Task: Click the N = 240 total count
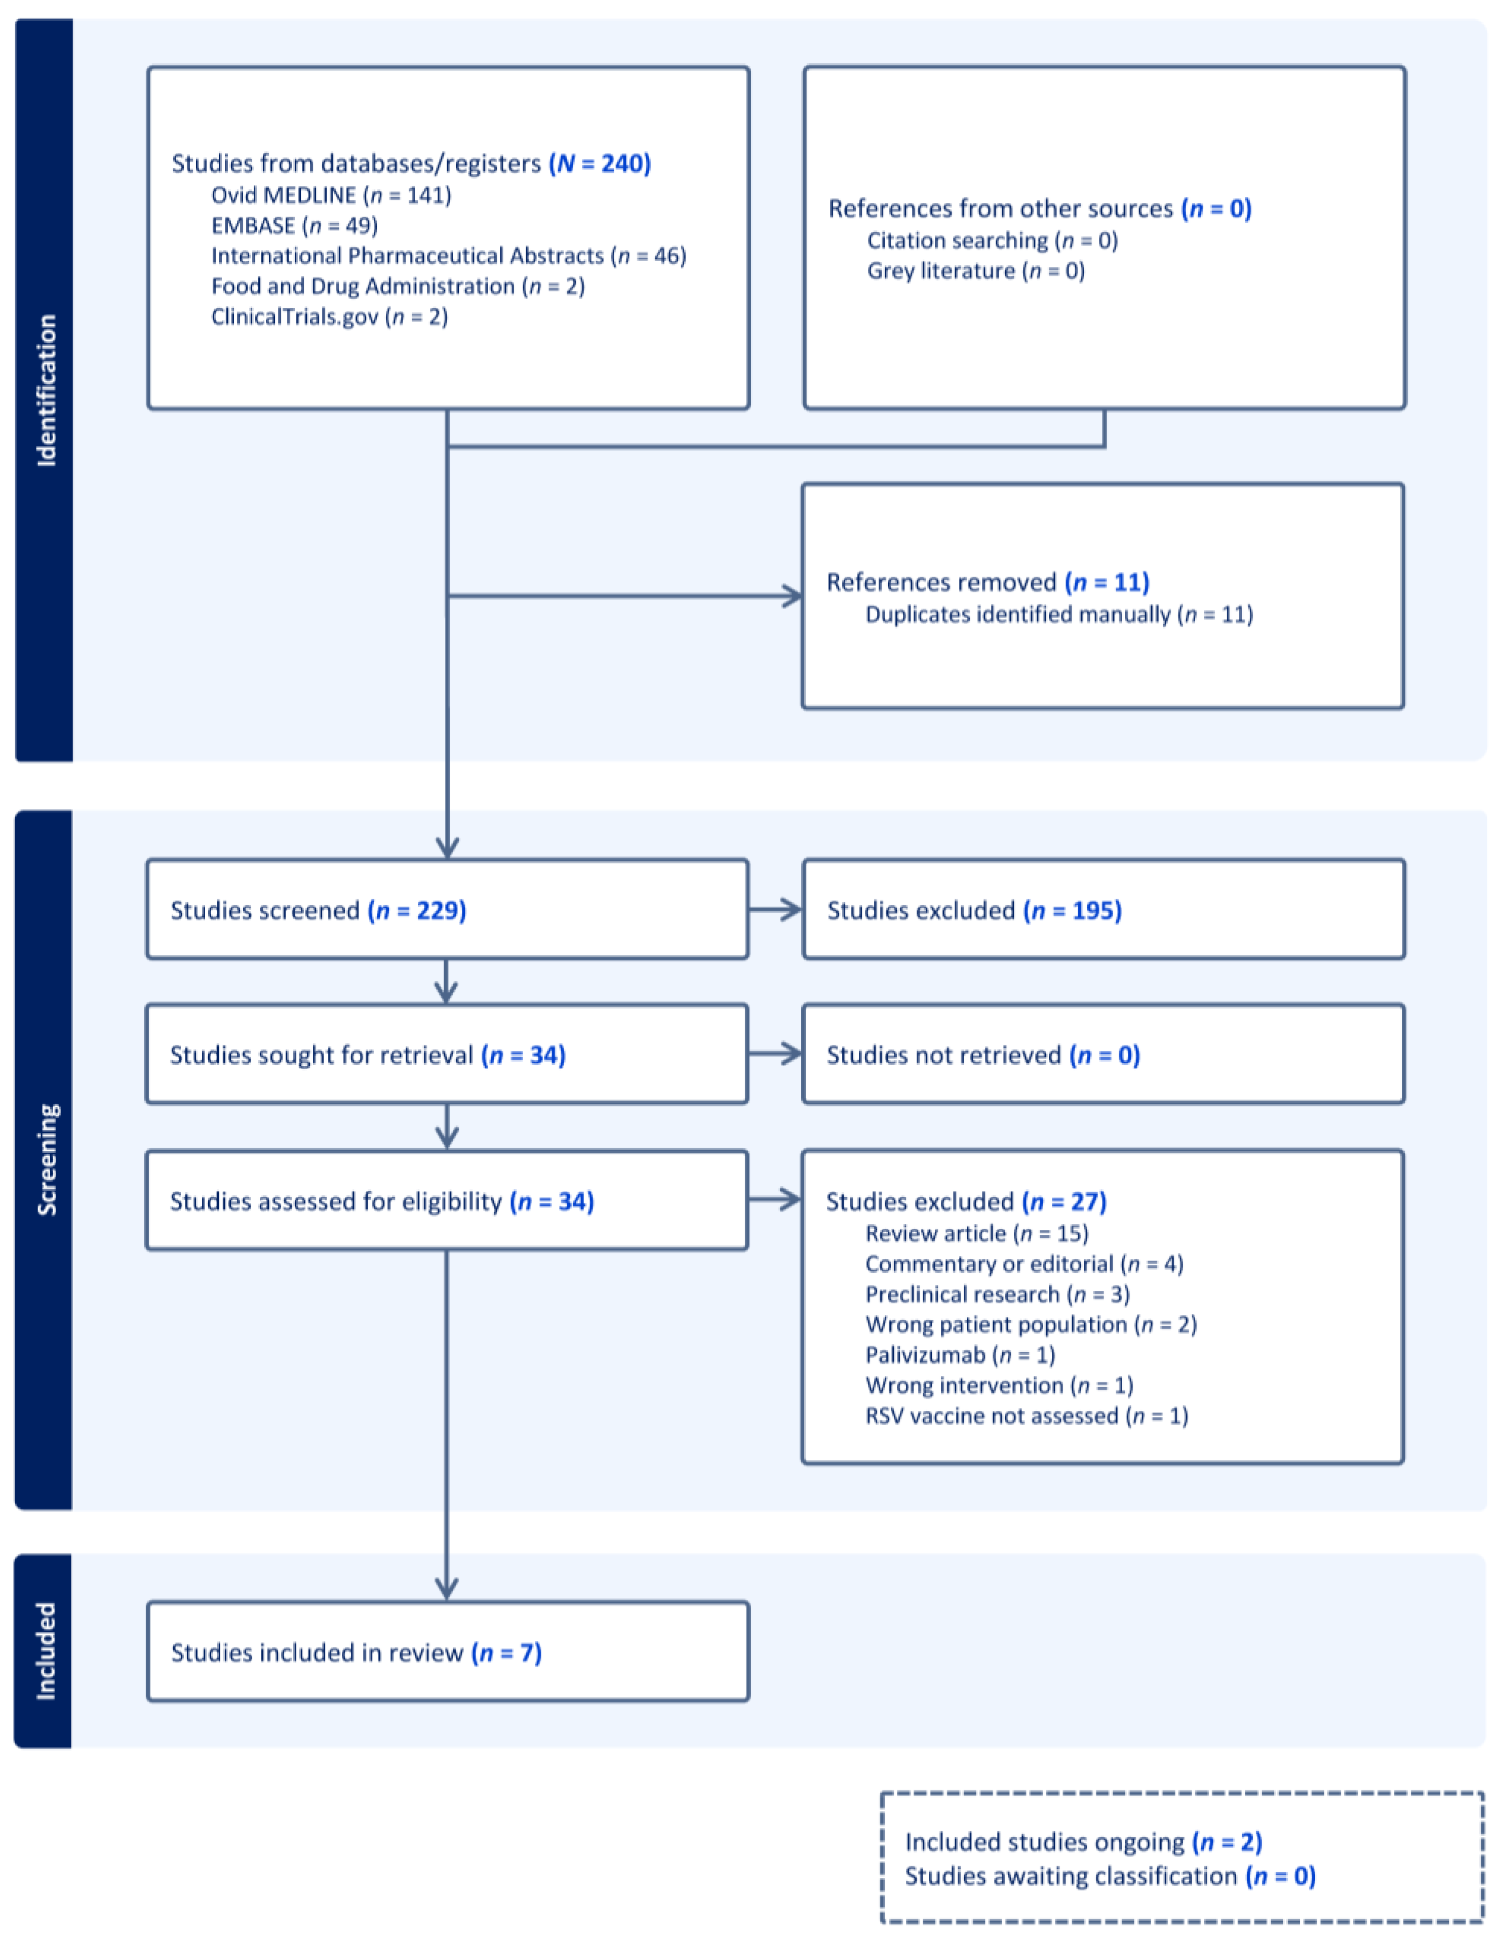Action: pos(600,163)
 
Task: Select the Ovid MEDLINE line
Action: pos(331,195)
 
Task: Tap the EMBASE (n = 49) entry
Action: pos(294,225)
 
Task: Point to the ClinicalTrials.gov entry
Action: pos(329,316)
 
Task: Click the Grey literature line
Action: pos(976,270)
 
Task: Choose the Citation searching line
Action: pos(992,240)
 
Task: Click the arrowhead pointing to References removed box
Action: pos(792,596)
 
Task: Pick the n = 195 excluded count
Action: pos(1073,910)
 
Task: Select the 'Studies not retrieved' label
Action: pos(944,1055)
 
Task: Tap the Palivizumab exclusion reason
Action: pos(960,1355)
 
